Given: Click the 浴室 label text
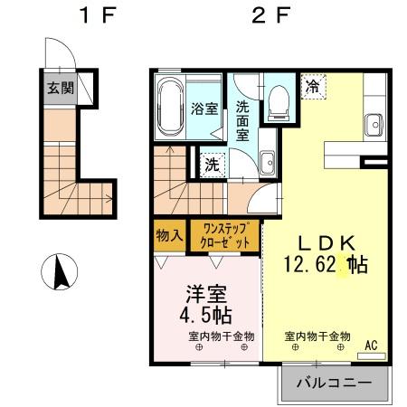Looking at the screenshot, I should pyautogui.click(x=204, y=109).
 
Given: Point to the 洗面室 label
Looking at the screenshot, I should pyautogui.click(x=243, y=119).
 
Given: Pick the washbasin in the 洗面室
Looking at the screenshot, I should pyautogui.click(x=268, y=163).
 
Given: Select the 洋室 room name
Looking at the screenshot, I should pyautogui.click(x=206, y=295).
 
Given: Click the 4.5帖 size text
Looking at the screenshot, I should pyautogui.click(x=208, y=316).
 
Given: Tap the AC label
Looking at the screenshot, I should pyautogui.click(x=370, y=344).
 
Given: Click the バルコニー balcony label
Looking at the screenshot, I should pyautogui.click(x=334, y=383).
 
